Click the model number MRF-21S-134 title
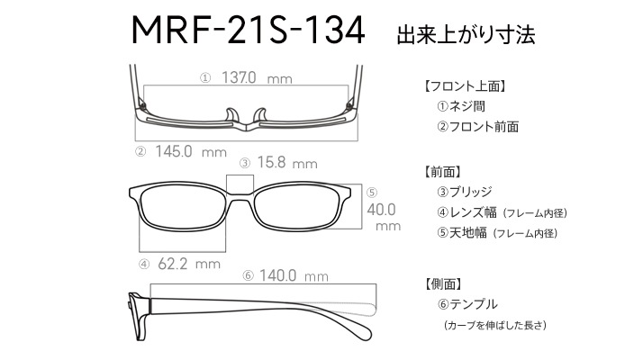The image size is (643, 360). (x=248, y=30)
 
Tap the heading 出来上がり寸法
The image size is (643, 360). (x=466, y=34)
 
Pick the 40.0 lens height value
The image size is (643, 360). (x=381, y=210)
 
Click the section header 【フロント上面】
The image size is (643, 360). (x=464, y=86)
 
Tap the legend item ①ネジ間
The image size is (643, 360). (x=461, y=106)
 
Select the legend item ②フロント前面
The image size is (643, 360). (x=477, y=127)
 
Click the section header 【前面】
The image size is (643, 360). (x=441, y=172)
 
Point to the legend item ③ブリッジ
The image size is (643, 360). (x=464, y=192)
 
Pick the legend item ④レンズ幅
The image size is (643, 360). (x=466, y=212)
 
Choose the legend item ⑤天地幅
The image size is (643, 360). (x=462, y=233)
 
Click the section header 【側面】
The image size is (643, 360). (x=441, y=283)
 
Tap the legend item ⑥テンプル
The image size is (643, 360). (x=467, y=304)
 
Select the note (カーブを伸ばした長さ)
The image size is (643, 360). (x=495, y=325)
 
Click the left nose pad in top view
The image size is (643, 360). (x=231, y=115)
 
